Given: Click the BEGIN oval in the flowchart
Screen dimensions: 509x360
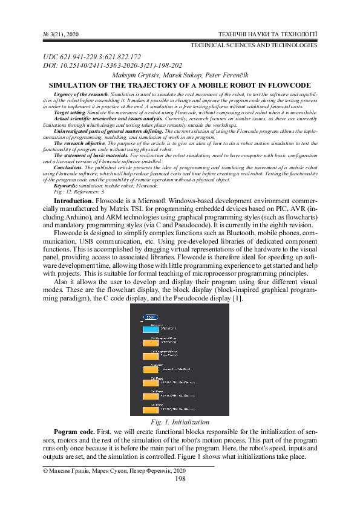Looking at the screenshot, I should point(150,317).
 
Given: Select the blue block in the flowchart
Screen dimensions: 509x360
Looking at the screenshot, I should point(151,329).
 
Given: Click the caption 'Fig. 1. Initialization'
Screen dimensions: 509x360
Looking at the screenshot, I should point(180,421).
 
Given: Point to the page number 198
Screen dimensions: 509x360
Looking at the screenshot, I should point(180,479).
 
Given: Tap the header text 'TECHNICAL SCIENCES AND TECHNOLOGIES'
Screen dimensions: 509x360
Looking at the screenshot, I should point(254,45).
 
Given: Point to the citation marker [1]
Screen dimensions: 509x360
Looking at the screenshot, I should point(238,299).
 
